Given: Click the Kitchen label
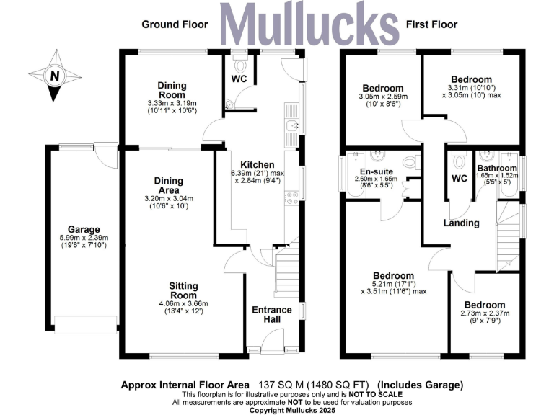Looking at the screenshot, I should point(258,164).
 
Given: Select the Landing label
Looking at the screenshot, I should point(461,223).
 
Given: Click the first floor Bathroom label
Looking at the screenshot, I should point(497,168).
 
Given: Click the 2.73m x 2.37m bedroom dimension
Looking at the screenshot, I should point(485,313).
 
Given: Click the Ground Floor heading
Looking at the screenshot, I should point(175,24).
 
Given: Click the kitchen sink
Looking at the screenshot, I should point(291,128).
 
